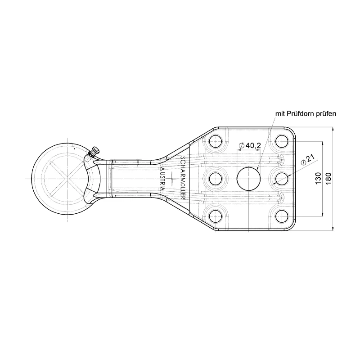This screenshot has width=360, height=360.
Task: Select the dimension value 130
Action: point(318,179)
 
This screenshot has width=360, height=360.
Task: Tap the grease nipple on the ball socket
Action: point(94,151)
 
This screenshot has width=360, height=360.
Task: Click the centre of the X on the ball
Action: point(66,179)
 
